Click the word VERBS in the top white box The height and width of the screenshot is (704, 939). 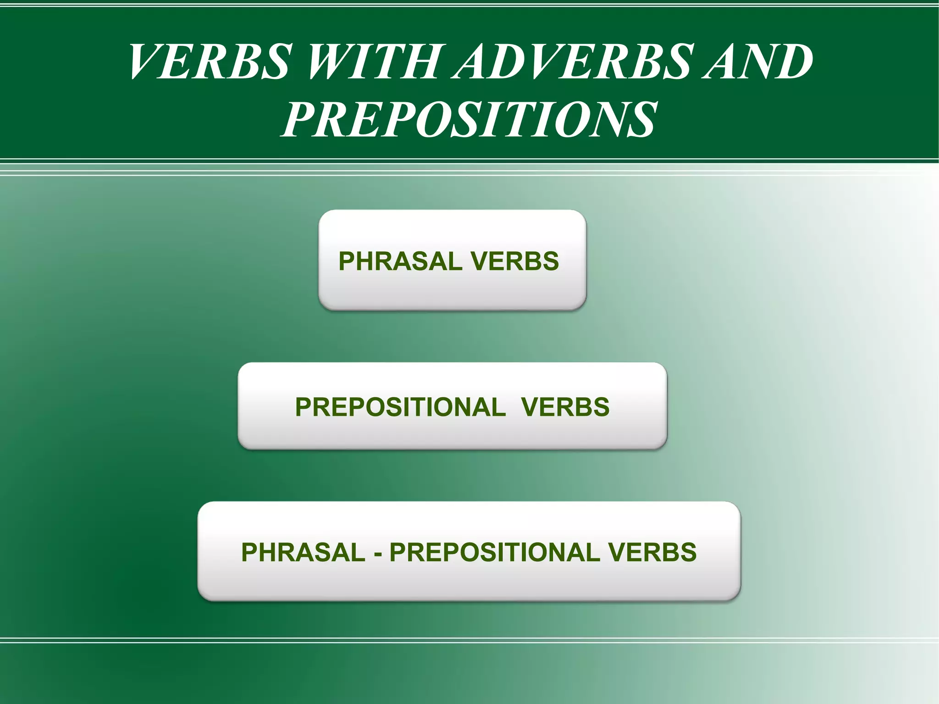(515, 261)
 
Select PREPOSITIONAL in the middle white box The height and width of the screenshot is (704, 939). (400, 407)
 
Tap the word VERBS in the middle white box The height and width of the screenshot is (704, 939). (565, 407)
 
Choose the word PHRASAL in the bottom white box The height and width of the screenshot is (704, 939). (303, 552)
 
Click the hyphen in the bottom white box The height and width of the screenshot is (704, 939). (378, 553)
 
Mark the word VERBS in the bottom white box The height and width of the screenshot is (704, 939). (652, 552)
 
